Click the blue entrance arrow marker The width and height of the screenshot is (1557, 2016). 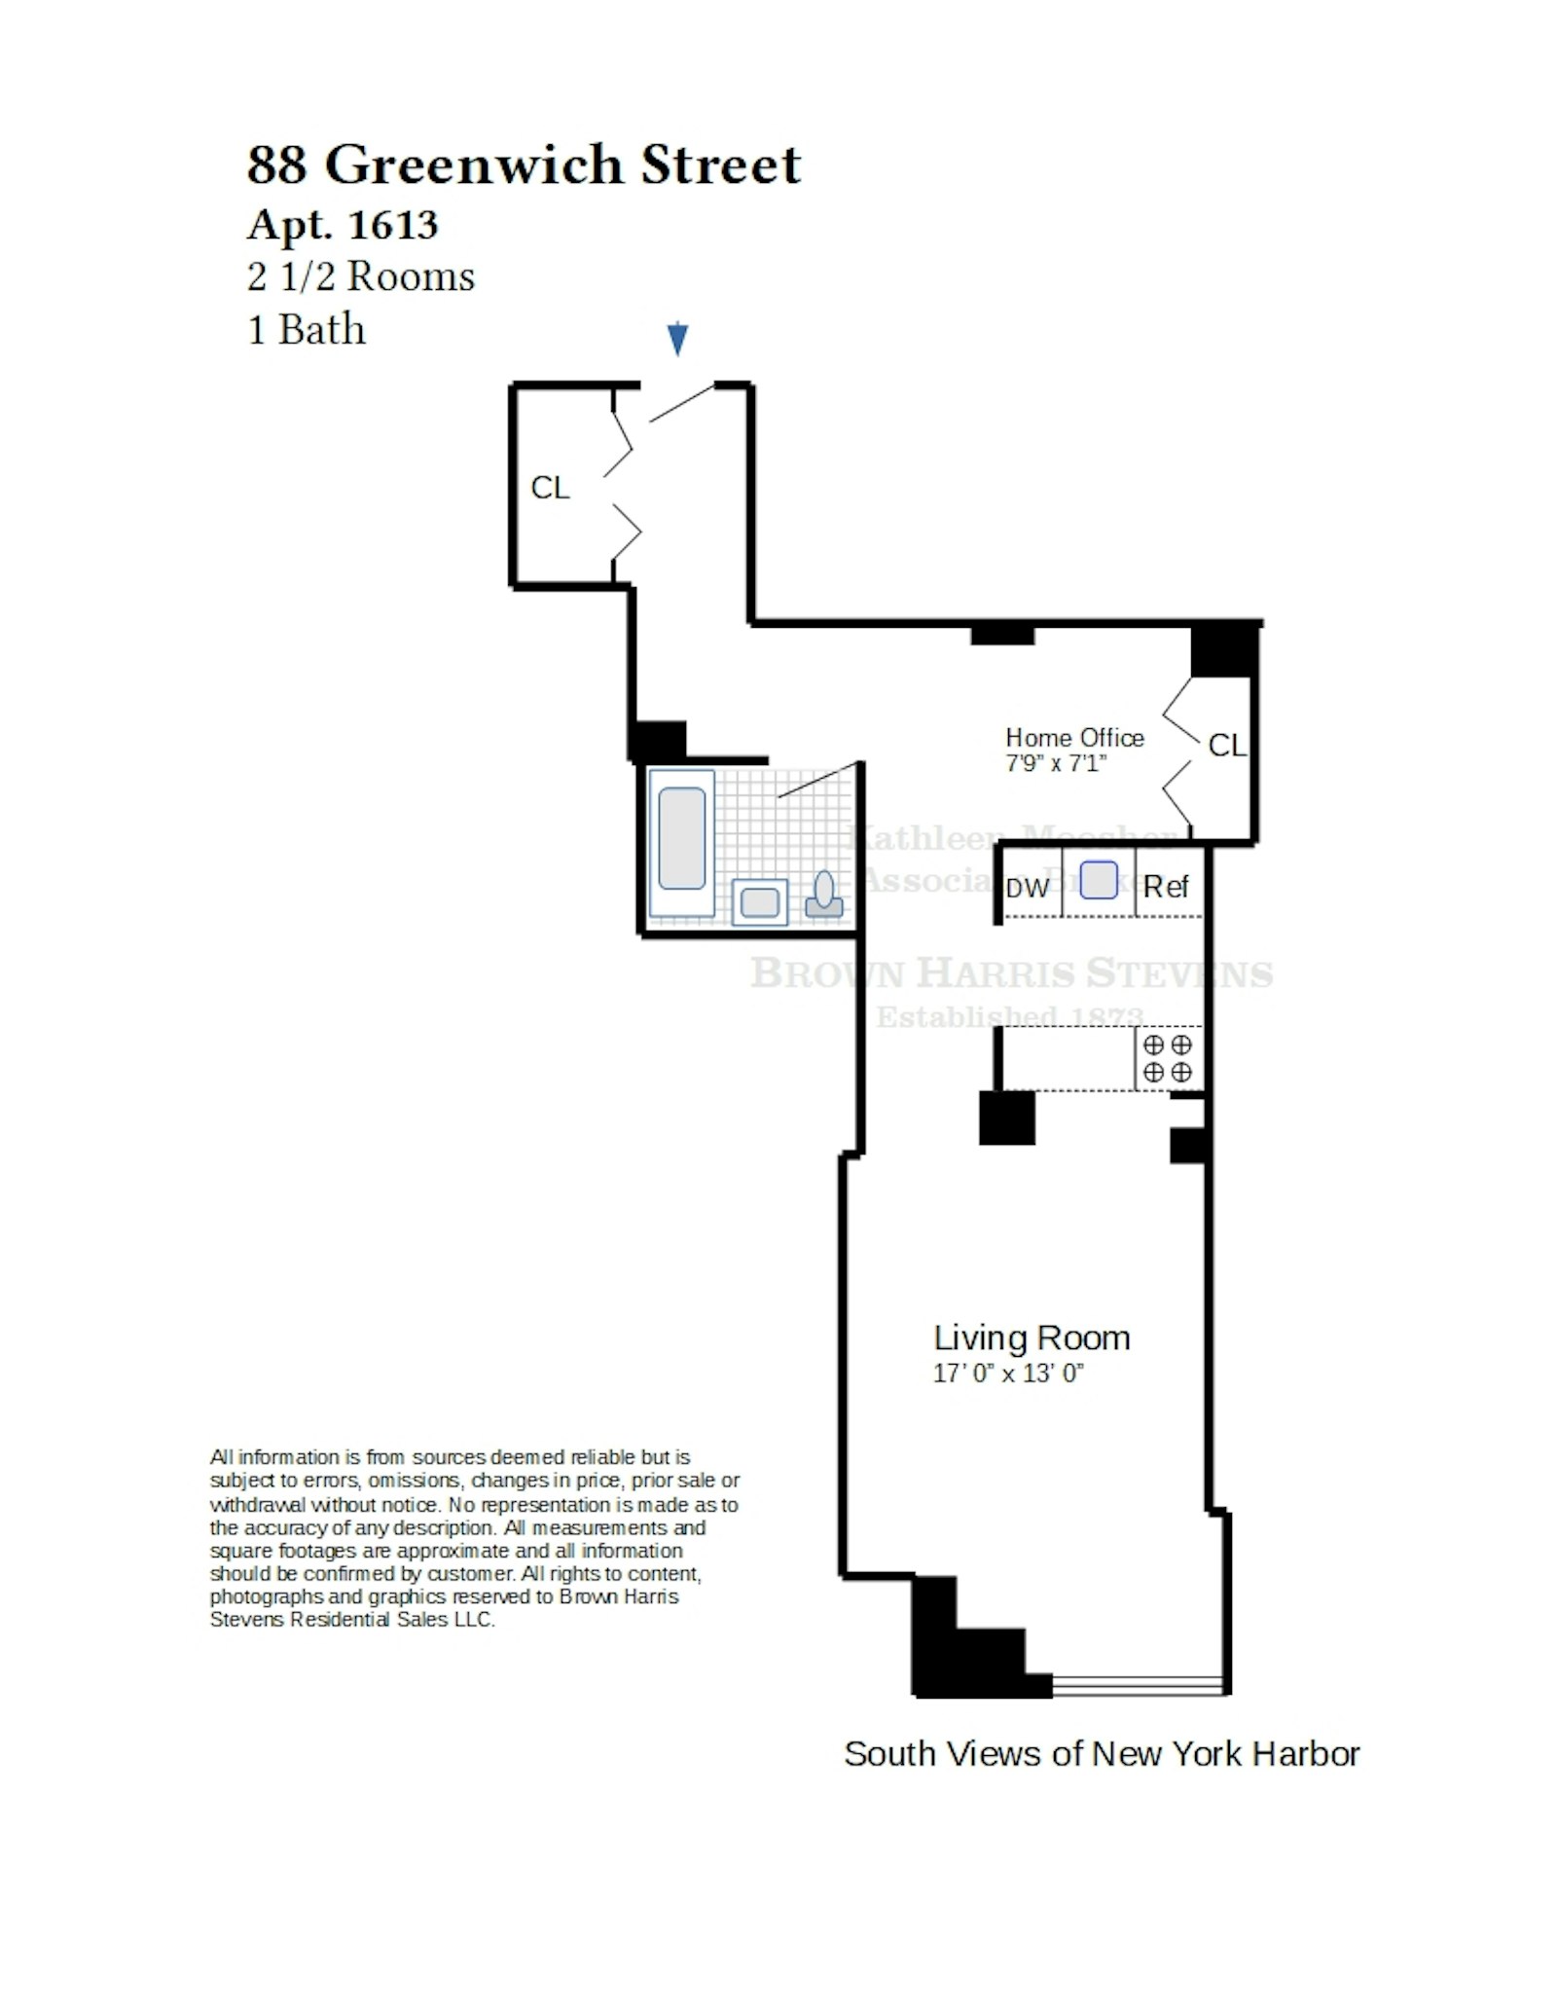(x=677, y=339)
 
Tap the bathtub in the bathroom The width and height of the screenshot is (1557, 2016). (x=681, y=838)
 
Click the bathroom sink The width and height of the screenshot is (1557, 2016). (x=759, y=901)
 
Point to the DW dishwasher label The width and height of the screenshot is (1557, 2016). (x=1028, y=888)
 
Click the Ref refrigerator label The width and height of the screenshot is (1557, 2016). (x=1166, y=887)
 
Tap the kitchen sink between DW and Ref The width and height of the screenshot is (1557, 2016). (x=1098, y=880)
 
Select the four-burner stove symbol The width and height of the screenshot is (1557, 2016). (x=1167, y=1058)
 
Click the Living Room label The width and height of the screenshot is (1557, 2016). (x=1032, y=1338)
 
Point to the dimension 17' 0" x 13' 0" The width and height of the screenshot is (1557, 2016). (x=1008, y=1374)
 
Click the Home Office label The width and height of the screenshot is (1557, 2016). (x=1074, y=738)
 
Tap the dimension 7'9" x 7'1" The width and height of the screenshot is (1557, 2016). (x=1056, y=763)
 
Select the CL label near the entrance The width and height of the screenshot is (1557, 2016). (x=550, y=488)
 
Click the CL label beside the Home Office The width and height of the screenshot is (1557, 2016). (x=1226, y=746)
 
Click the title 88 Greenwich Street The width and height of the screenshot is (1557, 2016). (x=524, y=165)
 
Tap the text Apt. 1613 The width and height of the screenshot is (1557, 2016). (x=343, y=225)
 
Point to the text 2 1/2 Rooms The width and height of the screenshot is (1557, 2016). (x=361, y=277)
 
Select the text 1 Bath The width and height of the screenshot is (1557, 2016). (x=307, y=330)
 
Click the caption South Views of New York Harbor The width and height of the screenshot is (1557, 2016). (x=1101, y=1754)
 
